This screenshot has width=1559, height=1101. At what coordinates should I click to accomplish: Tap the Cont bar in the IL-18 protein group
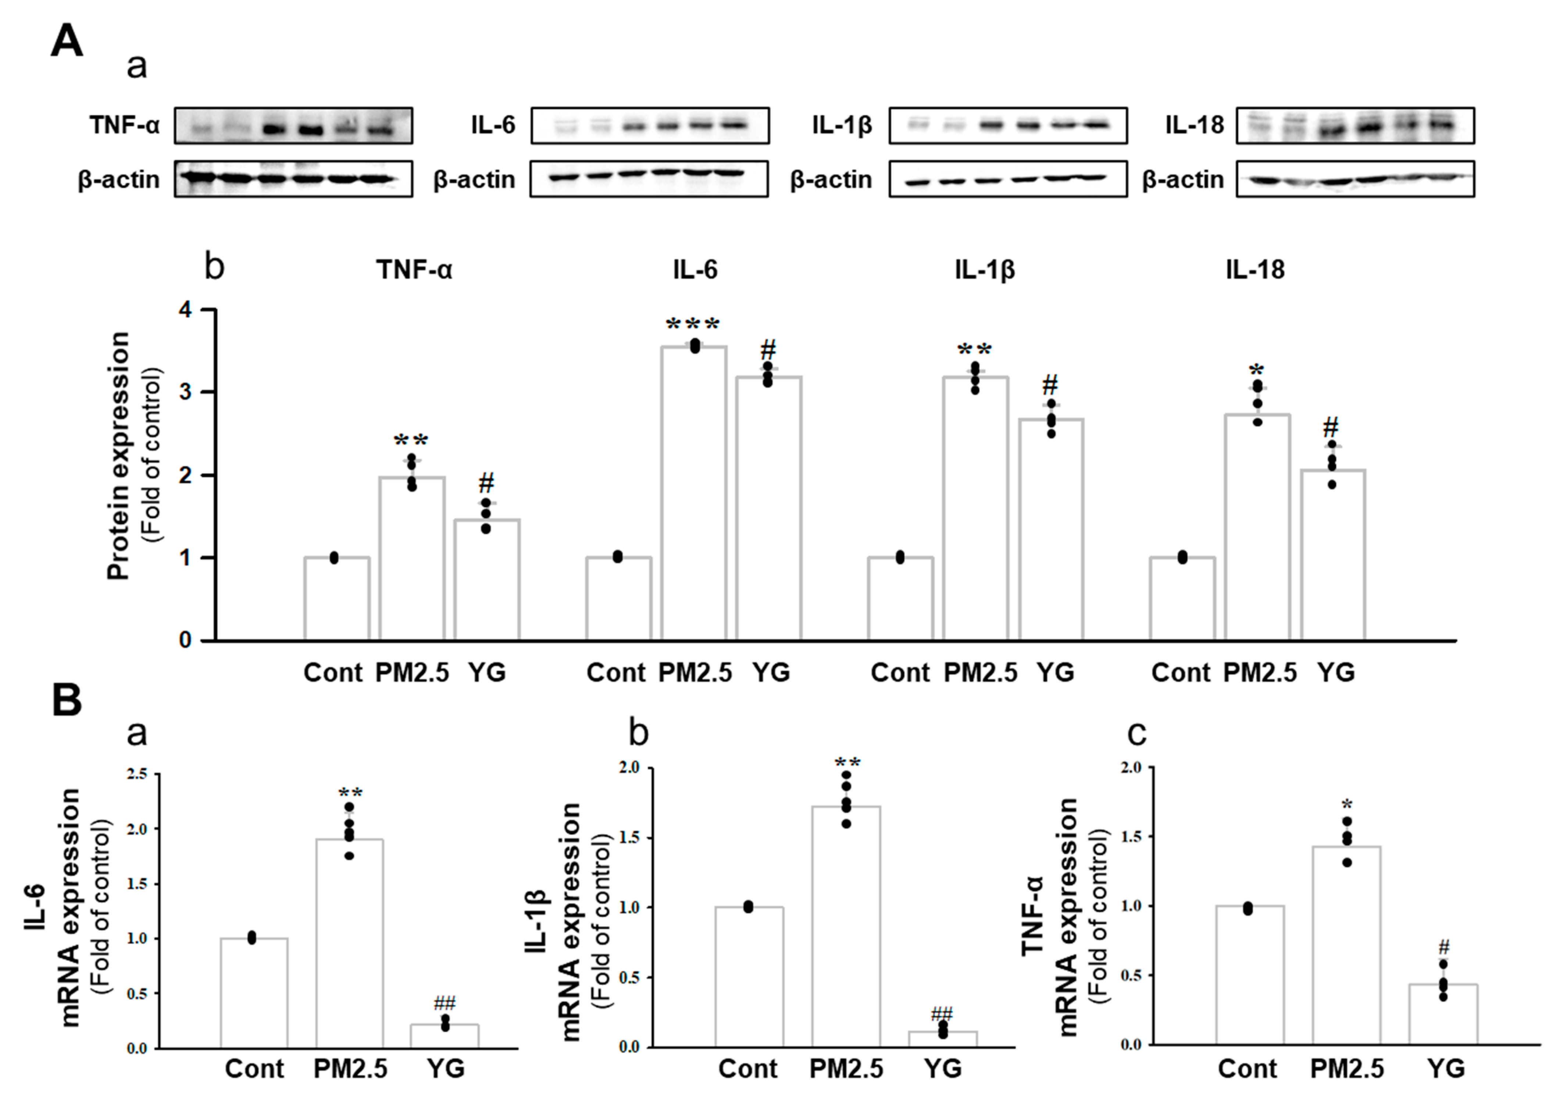point(1182,599)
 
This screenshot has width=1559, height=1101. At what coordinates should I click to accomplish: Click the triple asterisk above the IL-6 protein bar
point(693,325)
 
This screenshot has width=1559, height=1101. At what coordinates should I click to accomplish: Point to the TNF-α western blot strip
point(293,126)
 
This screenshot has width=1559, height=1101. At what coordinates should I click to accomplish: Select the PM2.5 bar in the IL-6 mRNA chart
point(349,944)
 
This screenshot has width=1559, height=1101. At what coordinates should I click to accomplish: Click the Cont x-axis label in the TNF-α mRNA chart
point(1247,1068)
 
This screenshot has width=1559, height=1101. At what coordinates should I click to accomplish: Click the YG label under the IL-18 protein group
point(1335,672)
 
